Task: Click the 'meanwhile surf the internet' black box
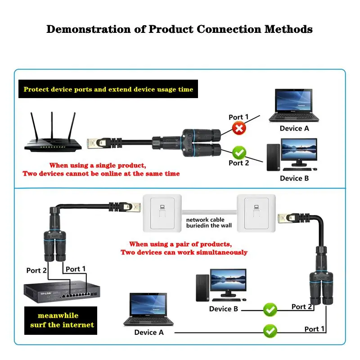click(x=60, y=320)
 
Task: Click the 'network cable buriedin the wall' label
click(x=209, y=222)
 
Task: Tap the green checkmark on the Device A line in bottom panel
click(x=270, y=332)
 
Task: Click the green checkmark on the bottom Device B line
click(x=270, y=309)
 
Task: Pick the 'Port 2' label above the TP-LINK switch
click(x=36, y=270)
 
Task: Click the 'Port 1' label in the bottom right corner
click(x=314, y=329)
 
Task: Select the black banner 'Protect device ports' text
click(x=108, y=89)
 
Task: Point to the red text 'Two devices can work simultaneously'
click(x=184, y=252)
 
